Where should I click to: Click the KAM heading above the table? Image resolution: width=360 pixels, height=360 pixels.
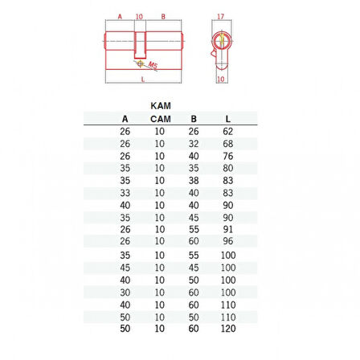pyautogui.click(x=161, y=106)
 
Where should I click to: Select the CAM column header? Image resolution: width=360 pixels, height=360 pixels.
pyautogui.click(x=161, y=119)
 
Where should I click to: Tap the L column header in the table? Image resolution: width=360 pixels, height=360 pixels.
pyautogui.click(x=228, y=119)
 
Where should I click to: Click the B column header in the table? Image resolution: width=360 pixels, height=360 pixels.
pyautogui.click(x=194, y=119)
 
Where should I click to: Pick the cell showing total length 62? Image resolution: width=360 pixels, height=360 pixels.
pyautogui.click(x=228, y=131)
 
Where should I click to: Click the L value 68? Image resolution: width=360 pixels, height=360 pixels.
pyautogui.click(x=228, y=144)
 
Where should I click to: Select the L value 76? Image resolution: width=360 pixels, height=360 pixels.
pyautogui.click(x=228, y=156)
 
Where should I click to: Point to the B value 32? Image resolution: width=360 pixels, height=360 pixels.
pyautogui.click(x=194, y=144)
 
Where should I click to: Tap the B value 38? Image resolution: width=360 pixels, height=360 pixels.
pyautogui.click(x=194, y=181)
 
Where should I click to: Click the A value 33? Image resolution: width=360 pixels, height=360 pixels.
pyautogui.click(x=125, y=193)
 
